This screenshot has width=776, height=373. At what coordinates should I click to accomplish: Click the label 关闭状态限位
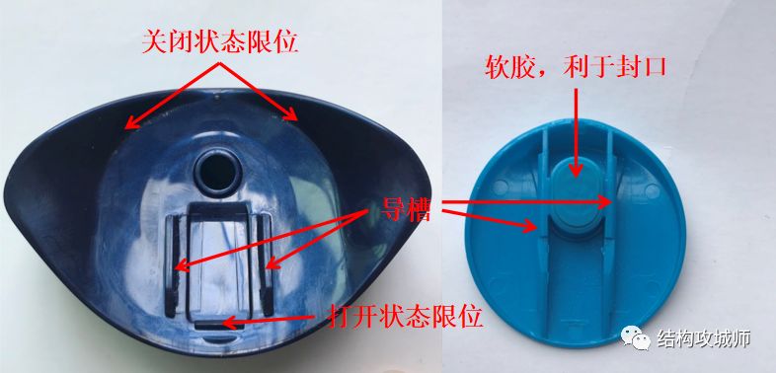220,42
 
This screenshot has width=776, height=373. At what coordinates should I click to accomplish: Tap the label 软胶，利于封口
575,66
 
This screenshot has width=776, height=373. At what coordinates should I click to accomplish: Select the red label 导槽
406,211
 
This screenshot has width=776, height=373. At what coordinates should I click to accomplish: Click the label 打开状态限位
405,316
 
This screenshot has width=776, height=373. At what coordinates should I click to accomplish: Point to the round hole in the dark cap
217,171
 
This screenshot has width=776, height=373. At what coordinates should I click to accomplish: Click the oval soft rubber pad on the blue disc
576,198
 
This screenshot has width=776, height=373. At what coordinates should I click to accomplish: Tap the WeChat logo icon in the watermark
636,337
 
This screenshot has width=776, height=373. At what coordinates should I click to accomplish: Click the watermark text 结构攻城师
704,338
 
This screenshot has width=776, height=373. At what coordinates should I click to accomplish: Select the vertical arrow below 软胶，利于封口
575,132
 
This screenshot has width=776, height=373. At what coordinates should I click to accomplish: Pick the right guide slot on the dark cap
266,265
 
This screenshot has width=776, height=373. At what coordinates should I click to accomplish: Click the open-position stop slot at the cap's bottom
219,325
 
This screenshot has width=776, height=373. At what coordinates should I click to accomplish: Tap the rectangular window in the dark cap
218,260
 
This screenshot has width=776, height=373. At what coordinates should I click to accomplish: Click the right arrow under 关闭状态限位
258,92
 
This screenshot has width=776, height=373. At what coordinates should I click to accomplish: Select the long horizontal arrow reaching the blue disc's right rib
526,202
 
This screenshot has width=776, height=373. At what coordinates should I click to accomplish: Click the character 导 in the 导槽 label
393,211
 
